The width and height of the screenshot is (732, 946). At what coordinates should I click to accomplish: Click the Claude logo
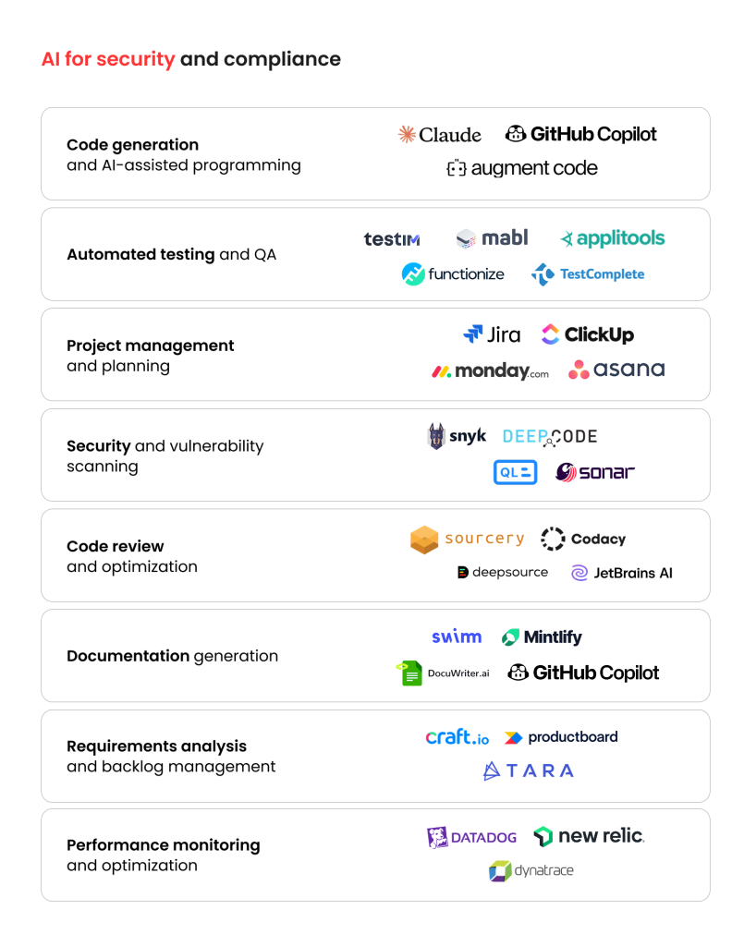pyautogui.click(x=439, y=135)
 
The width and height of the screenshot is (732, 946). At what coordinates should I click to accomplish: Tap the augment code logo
pyautogui.click(x=522, y=169)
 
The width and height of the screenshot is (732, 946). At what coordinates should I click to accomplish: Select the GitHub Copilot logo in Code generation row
pyautogui.click(x=581, y=134)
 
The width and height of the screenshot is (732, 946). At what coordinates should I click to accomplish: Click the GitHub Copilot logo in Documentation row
pyautogui.click(x=583, y=673)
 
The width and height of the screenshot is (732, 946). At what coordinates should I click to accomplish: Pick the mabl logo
pyautogui.click(x=493, y=238)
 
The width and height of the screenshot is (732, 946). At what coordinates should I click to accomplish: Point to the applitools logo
pyautogui.click(x=612, y=238)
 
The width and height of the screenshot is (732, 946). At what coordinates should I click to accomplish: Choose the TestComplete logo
pyautogui.click(x=588, y=274)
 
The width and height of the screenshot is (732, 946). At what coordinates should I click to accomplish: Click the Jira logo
pyautogui.click(x=492, y=334)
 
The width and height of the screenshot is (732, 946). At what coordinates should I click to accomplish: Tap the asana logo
pyautogui.click(x=616, y=370)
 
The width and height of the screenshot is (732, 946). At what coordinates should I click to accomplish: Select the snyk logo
pyautogui.click(x=457, y=436)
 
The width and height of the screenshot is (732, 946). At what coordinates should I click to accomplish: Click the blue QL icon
pyautogui.click(x=515, y=472)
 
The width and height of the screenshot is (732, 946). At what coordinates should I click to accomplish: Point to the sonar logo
pyautogui.click(x=595, y=472)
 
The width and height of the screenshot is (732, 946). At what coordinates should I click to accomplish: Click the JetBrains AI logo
pyautogui.click(x=622, y=573)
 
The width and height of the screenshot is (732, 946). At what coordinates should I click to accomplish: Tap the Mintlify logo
pyautogui.click(x=542, y=637)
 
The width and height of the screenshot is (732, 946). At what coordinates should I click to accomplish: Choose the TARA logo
pyautogui.click(x=529, y=770)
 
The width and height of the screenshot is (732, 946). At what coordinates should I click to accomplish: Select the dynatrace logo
pyautogui.click(x=531, y=870)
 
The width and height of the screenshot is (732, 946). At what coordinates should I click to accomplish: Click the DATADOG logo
pyautogui.click(x=471, y=837)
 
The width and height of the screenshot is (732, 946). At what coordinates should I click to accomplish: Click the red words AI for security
pyautogui.click(x=108, y=59)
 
